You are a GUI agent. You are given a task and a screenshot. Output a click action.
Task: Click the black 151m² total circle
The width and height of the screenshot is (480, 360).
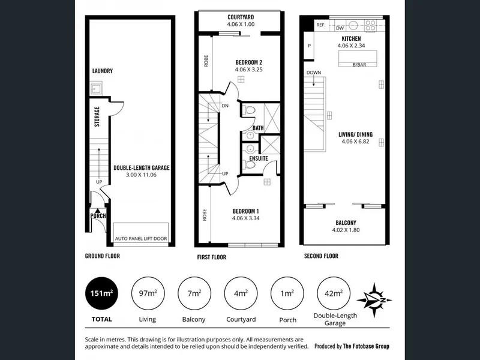101,293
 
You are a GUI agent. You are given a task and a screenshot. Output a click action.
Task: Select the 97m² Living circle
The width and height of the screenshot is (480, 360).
148,293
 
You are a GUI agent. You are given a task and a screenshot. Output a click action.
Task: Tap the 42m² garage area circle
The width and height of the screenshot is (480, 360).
334,293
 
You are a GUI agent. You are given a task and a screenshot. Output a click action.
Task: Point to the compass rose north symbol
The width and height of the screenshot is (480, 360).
374,300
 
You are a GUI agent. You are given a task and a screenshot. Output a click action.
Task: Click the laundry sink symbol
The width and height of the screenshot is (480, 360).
96,89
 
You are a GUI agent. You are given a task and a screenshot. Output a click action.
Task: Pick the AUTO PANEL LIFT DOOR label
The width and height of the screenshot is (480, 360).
141,238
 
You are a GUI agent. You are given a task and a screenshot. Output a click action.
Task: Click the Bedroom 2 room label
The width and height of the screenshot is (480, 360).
249,62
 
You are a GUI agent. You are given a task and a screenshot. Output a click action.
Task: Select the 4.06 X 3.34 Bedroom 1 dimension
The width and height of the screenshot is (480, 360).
246,218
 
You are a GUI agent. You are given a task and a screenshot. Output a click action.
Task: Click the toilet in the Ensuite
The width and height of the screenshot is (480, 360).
249,165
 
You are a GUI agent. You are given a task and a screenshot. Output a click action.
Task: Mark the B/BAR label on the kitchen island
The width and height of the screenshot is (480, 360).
359,65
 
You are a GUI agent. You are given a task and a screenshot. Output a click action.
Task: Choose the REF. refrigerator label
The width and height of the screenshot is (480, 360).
321,25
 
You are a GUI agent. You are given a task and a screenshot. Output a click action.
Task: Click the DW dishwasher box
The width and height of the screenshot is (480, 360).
340,28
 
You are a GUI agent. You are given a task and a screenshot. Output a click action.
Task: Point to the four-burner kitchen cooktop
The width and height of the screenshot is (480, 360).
370,25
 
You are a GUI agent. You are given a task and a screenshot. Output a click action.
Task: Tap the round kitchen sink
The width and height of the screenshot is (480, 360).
353,25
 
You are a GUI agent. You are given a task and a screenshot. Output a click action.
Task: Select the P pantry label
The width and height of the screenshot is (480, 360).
310,46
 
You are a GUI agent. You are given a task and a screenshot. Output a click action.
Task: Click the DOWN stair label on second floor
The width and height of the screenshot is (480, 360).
314,73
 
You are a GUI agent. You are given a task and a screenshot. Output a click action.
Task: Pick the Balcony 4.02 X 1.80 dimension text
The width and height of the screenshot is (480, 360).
346,230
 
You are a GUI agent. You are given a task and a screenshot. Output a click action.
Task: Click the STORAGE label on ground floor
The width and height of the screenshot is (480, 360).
97,116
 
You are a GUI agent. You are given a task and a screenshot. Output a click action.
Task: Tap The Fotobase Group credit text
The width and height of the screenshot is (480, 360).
366,346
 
